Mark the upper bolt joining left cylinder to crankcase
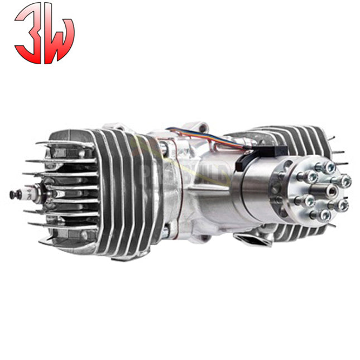tap(162, 149)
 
